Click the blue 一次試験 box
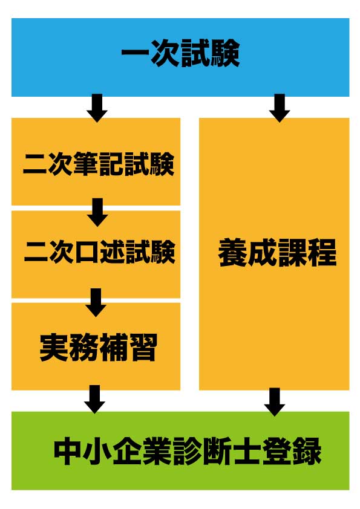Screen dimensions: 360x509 point(180,57)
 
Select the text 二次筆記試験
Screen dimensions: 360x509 point(99,164)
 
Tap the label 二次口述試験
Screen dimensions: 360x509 point(99,251)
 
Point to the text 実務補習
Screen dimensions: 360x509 point(98,347)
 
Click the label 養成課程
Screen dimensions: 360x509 point(277,253)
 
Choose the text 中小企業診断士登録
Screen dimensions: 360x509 point(188,451)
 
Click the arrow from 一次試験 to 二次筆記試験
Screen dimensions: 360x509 point(97,108)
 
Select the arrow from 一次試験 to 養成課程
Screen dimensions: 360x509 point(280,108)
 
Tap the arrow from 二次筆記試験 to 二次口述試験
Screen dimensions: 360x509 point(97,213)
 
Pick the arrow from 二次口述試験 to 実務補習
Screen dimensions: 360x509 point(96,302)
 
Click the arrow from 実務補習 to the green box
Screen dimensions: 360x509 point(94,399)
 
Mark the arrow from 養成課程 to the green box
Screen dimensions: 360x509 point(275,402)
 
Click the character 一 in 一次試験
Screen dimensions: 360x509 point(135,53)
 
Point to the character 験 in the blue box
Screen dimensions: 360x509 point(225,53)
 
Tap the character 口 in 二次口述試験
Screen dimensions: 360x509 point(87,252)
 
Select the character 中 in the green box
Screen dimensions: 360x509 point(68,451)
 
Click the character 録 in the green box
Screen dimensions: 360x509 point(307,451)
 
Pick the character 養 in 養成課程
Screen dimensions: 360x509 point(232,253)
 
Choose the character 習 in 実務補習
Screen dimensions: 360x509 point(143,347)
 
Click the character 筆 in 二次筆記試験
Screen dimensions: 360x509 point(86,164)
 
